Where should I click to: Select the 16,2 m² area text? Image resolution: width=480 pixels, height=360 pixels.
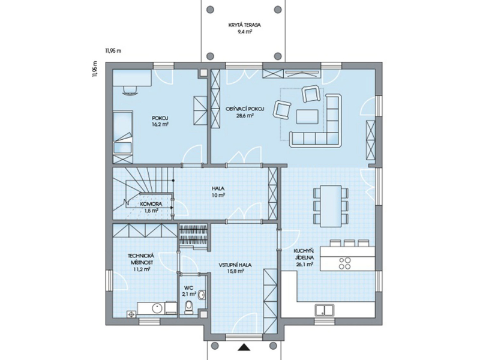pos(160,124)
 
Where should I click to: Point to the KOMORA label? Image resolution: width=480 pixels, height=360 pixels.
pos(151,204)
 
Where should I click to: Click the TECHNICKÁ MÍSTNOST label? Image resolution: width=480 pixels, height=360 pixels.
pos(141,259)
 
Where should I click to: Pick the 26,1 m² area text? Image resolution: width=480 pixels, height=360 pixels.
pos(304,265)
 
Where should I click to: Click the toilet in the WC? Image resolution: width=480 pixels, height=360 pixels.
pos(188,307)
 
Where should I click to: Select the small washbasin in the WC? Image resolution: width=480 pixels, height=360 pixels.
pos(202,295)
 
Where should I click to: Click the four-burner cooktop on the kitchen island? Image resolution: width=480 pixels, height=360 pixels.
pos(345,263)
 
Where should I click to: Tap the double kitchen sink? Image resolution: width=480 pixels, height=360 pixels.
pos(325,310)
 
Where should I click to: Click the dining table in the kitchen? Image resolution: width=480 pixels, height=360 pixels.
pos(331,206)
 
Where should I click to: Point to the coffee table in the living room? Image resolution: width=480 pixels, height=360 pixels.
pos(307,116)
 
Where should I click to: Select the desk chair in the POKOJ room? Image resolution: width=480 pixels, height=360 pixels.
pos(130,91)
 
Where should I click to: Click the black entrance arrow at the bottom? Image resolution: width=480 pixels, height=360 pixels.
pos(244,347)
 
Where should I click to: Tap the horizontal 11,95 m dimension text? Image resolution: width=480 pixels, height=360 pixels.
pos(113,51)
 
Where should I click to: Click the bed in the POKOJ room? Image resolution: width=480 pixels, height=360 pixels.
pos(123,133)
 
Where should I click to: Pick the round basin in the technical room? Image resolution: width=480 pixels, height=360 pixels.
pos(158,308)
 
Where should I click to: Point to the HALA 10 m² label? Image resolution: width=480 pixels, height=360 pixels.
pos(218,191)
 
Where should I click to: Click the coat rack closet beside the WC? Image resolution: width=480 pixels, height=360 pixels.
pos(193,235)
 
